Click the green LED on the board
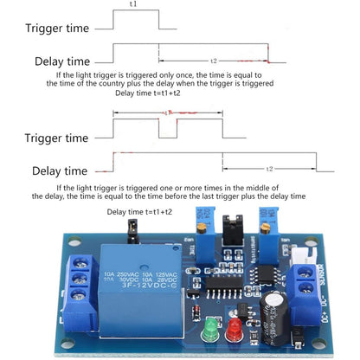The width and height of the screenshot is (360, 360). coord(209,332)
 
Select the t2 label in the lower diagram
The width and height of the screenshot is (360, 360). coord(269,169)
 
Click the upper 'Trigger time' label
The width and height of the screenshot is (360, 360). coord(58,28)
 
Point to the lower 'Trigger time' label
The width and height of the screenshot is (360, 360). coord(56,137)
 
